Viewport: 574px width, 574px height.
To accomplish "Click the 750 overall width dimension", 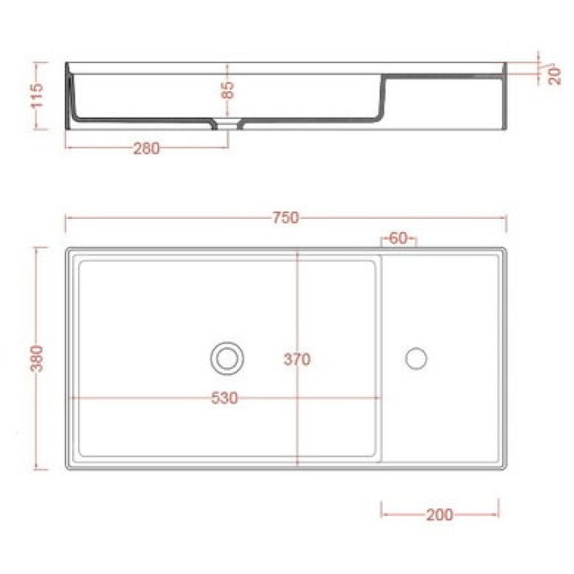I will pos(285,218).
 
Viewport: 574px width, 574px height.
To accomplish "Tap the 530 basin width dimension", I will pos(224,399).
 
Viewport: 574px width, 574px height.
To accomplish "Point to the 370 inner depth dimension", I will pos(297,359).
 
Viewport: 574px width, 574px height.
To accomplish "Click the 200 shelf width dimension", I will pos(440,515).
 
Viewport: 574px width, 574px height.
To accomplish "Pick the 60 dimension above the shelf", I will pos(399,239).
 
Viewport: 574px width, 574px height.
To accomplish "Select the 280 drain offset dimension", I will pos(146,148).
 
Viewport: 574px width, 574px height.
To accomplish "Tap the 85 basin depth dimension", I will pos(228,89).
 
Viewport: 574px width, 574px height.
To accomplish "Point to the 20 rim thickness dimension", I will pos(555,75).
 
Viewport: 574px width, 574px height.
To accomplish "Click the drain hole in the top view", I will pos(226,358).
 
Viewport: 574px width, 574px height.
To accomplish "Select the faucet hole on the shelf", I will pos(417,358).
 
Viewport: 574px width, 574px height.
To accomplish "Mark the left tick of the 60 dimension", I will pos(382,239).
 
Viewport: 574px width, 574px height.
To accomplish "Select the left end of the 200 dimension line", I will pos(382,515).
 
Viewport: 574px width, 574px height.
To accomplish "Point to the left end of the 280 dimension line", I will pos(66,148).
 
